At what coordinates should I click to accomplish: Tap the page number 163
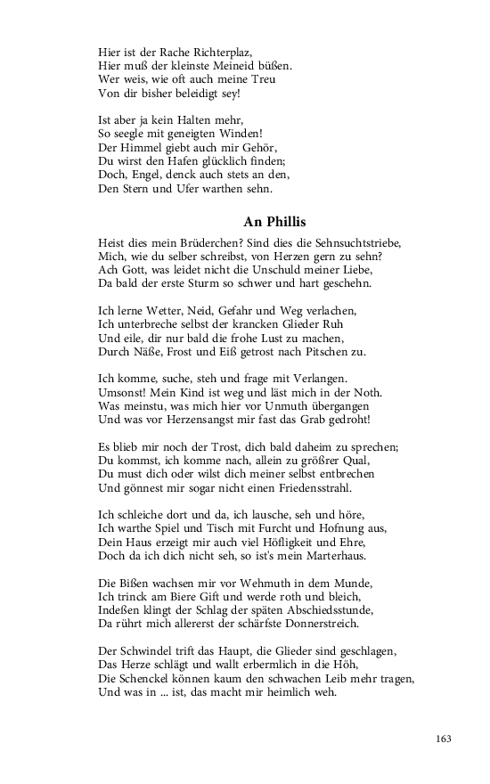(x=445, y=739)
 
